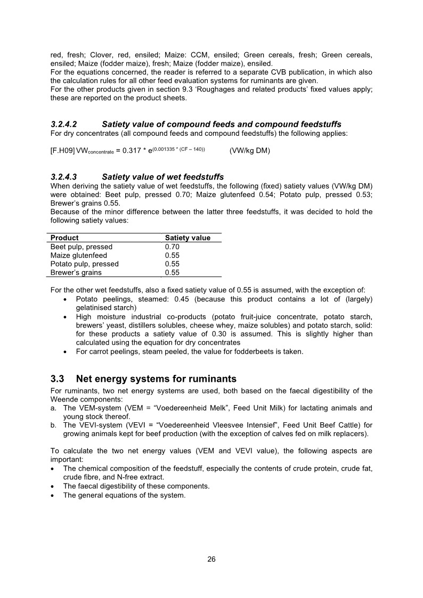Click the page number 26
pos(211,559)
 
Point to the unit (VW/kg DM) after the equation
pos(250,151)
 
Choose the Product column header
pos(64,238)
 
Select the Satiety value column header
pos(188,238)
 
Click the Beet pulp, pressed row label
pos(82,247)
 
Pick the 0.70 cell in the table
pos(172,247)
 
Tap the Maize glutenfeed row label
pos(79,256)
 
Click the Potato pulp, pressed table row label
pos(85,264)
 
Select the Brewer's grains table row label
pos(76,273)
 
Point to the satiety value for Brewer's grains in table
pos(172,273)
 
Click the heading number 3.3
pos(58,379)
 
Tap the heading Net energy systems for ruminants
pos(156,379)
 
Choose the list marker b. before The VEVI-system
pos(54,425)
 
